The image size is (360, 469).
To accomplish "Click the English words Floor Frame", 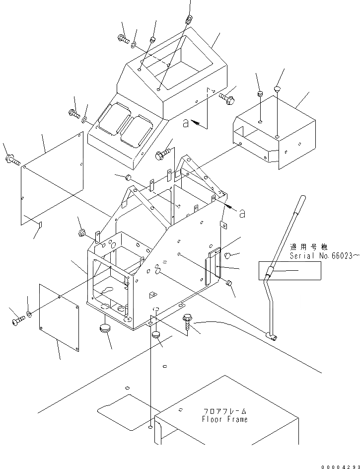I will coord(224,419).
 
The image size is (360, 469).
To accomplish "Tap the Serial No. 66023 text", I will coord(324,256).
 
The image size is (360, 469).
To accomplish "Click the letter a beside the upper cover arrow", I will coord(185,124).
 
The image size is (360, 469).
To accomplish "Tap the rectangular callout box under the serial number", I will coord(289,271).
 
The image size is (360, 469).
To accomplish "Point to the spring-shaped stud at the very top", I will coord(188,20).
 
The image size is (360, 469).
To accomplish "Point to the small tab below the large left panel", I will coord(41,225).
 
